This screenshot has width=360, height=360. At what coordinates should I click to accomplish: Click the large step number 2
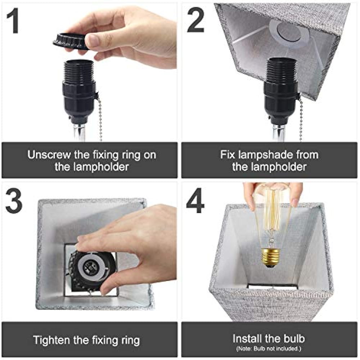click(x=195, y=20)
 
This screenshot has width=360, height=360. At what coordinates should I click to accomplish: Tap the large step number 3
click(x=14, y=201)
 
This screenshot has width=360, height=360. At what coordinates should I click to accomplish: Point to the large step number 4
click(x=195, y=201)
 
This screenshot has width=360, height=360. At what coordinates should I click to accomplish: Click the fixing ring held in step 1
click(x=70, y=41)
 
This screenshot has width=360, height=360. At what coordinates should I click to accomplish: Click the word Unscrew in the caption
click(x=49, y=155)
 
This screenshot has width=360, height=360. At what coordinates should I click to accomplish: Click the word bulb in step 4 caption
click(x=294, y=339)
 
